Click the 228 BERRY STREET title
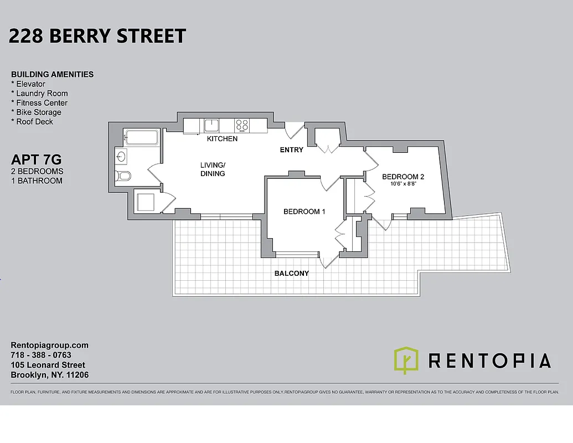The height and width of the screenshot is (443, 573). (x=97, y=36)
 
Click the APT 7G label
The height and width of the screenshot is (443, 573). (x=36, y=160)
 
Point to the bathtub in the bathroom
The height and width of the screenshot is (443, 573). (x=141, y=137)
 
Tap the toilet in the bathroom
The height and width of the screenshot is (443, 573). (x=123, y=177)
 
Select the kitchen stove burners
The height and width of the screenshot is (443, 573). (x=242, y=126)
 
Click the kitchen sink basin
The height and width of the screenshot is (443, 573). (x=211, y=125)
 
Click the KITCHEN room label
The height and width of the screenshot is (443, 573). (x=222, y=139)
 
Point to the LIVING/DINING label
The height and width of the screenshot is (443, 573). (x=213, y=169)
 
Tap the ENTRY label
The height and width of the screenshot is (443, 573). (x=291, y=150)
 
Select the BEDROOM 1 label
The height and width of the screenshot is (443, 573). (x=304, y=212)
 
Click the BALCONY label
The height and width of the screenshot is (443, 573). (x=291, y=274)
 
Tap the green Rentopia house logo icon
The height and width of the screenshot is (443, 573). (x=406, y=360)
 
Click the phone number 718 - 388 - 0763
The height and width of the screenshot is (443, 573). (x=41, y=355)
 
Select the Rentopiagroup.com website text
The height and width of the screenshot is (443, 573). (x=49, y=345)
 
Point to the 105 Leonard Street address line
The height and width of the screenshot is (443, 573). (x=48, y=365)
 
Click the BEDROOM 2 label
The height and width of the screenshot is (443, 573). (x=403, y=177)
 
